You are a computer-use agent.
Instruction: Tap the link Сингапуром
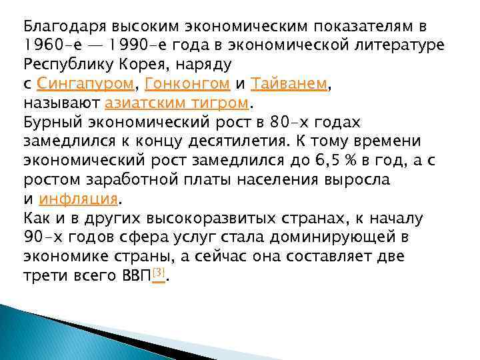click(x=86, y=85)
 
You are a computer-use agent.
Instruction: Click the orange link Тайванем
click(x=289, y=85)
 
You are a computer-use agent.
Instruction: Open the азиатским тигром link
click(x=177, y=104)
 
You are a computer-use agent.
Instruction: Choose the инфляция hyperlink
click(x=78, y=199)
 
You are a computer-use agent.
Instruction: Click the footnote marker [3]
click(x=158, y=273)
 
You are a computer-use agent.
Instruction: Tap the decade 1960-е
click(x=50, y=46)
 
